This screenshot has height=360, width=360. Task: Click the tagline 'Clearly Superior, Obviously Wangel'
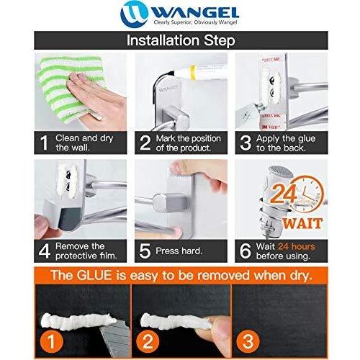[195, 22]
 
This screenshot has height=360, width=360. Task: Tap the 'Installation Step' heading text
[181, 40]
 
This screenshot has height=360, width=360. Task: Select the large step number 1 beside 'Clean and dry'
[44, 143]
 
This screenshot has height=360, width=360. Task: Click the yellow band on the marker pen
[192, 72]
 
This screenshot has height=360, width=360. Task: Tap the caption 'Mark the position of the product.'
[188, 143]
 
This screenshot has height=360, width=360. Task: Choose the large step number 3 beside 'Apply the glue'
[246, 143]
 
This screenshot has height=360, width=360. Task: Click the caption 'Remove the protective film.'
[86, 251]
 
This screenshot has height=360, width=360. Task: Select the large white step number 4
[45, 251]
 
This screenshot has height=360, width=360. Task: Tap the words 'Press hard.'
[179, 251]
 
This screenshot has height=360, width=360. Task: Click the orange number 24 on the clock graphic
[284, 193]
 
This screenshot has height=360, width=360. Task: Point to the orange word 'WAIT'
[302, 224]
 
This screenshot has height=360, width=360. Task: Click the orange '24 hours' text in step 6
[297, 246]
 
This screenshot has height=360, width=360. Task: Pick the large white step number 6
[246, 251]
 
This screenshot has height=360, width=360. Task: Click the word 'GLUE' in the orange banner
[94, 275]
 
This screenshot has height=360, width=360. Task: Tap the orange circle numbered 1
[51, 341]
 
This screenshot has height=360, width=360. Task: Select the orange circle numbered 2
[148, 341]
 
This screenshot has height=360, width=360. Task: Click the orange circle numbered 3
[248, 341]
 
